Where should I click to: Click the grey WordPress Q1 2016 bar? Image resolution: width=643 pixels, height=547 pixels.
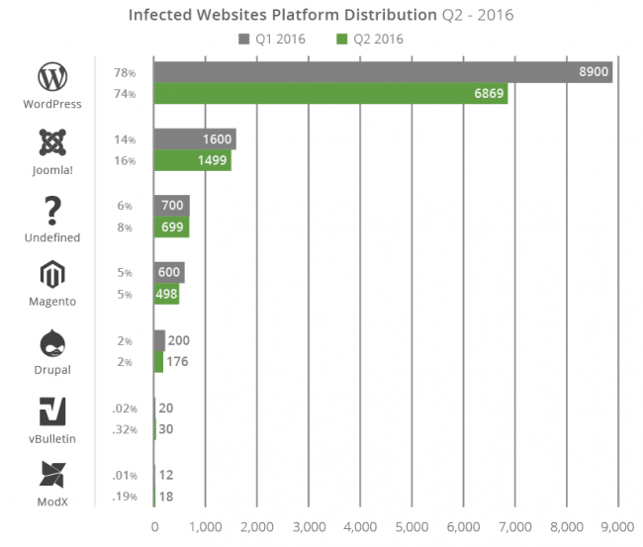(x=383, y=72)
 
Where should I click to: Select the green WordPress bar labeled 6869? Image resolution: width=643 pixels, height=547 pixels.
(x=330, y=94)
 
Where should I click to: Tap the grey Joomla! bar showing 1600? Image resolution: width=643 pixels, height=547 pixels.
(x=194, y=140)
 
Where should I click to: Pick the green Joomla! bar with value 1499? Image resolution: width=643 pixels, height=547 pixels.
(x=192, y=162)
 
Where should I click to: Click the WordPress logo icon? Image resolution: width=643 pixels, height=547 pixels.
(x=51, y=77)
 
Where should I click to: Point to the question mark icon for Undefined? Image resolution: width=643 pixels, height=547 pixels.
(x=52, y=211)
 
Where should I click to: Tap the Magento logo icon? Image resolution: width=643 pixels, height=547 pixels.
(x=51, y=276)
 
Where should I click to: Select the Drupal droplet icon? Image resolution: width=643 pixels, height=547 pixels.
(x=51, y=343)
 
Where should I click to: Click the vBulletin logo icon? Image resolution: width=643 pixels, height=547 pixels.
(x=51, y=410)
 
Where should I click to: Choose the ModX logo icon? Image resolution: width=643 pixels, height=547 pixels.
(x=51, y=476)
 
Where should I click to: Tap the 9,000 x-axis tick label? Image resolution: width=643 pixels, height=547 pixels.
(x=617, y=527)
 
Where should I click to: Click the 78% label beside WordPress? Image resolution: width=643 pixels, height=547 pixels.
(x=124, y=72)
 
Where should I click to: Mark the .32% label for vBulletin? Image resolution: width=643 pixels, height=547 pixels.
(x=124, y=430)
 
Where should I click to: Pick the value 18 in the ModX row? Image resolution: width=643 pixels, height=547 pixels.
(x=167, y=497)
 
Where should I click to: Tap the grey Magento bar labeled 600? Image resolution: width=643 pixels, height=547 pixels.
(x=168, y=273)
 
